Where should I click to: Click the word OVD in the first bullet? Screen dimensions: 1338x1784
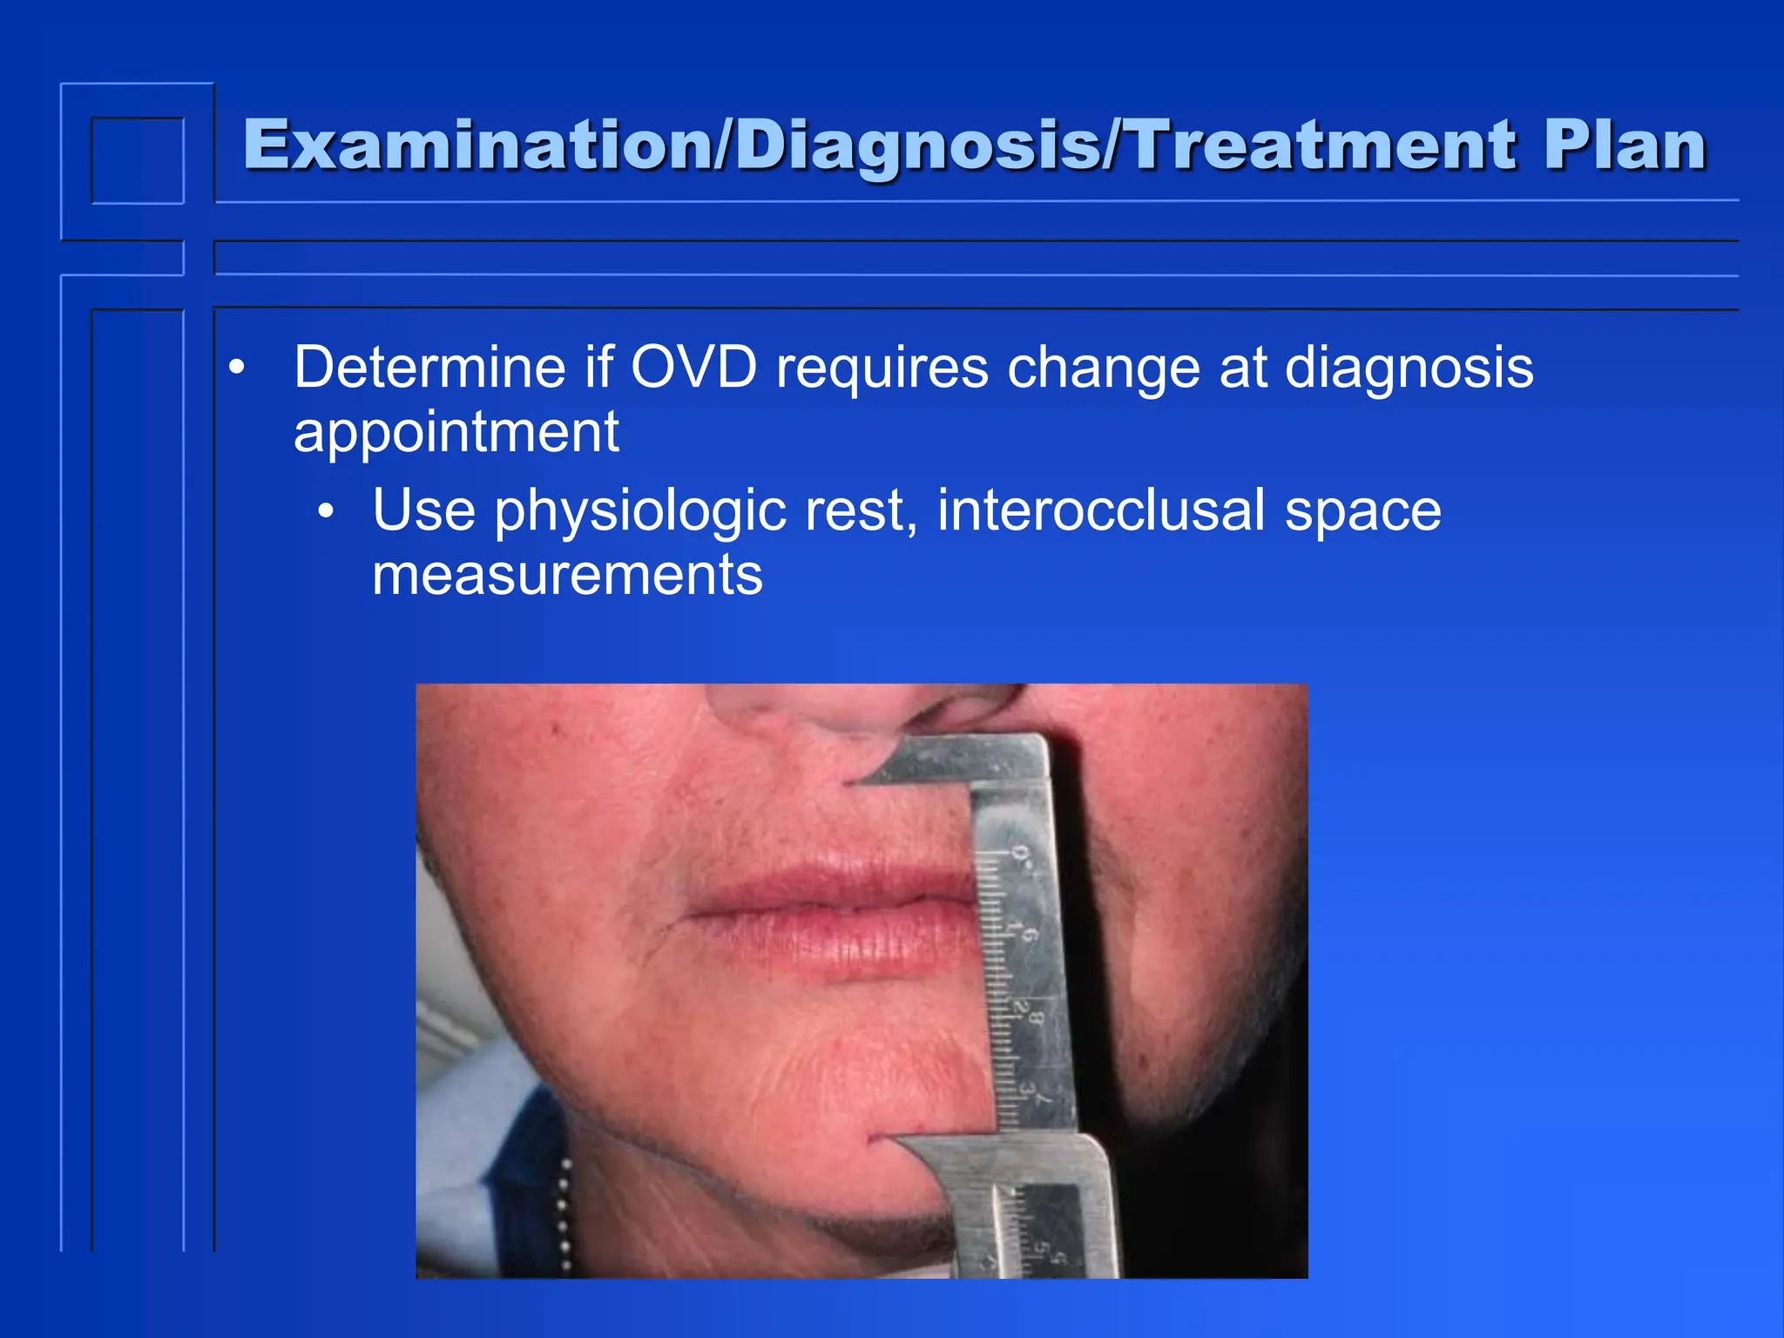coord(693,368)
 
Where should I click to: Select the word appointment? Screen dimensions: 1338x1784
coord(456,433)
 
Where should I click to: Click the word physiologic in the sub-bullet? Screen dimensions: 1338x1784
coord(640,511)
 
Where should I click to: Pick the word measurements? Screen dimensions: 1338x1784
coord(567,575)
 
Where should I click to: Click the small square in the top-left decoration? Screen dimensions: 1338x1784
coord(138,160)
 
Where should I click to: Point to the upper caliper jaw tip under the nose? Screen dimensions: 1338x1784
coord(858,781)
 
